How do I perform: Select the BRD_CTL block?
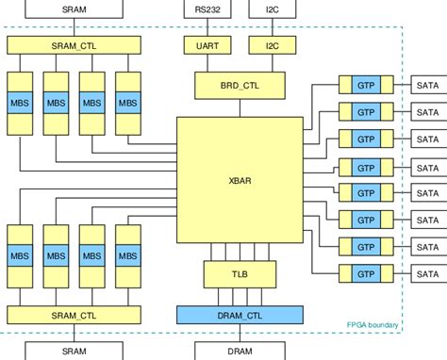pos(240,85)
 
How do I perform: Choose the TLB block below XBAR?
pos(240,273)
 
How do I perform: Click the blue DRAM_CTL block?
pos(240,315)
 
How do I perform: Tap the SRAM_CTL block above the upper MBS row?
pos(74,45)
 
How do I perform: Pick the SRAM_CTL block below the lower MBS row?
pos(74,315)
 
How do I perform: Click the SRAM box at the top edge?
pos(74,9)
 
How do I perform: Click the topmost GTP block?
pos(366,85)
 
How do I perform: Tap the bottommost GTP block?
pos(366,273)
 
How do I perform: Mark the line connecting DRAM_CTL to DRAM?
pos(240,331)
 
